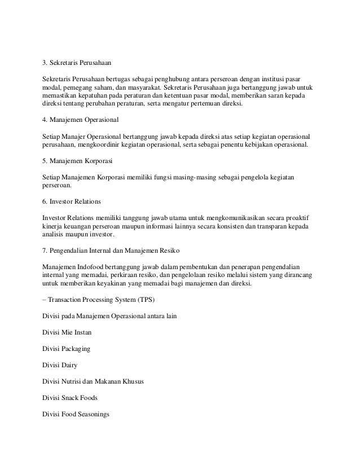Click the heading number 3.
coord(45,63)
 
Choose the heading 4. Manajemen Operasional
coord(81,120)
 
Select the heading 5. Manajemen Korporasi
coord(78,161)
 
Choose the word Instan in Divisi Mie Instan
coord(80,332)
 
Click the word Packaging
coord(75,349)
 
